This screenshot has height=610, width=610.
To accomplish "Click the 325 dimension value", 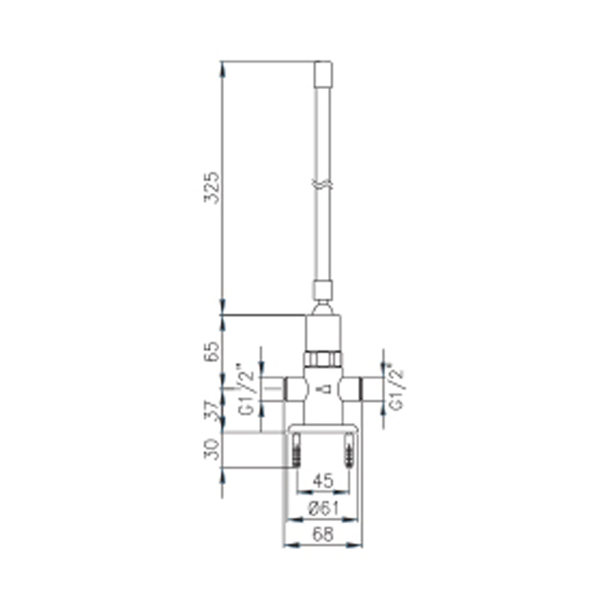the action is pyautogui.click(x=212, y=187).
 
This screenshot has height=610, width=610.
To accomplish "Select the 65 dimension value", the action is pyautogui.click(x=212, y=351).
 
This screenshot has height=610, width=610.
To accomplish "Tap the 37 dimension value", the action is pyautogui.click(x=212, y=411).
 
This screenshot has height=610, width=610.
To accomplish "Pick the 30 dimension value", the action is pyautogui.click(x=212, y=449).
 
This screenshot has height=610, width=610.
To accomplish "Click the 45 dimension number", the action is pyautogui.click(x=323, y=481).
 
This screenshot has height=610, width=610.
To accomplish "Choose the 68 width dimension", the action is pyautogui.click(x=323, y=534).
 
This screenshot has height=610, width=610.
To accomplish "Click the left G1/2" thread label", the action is pyautogui.click(x=246, y=389).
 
